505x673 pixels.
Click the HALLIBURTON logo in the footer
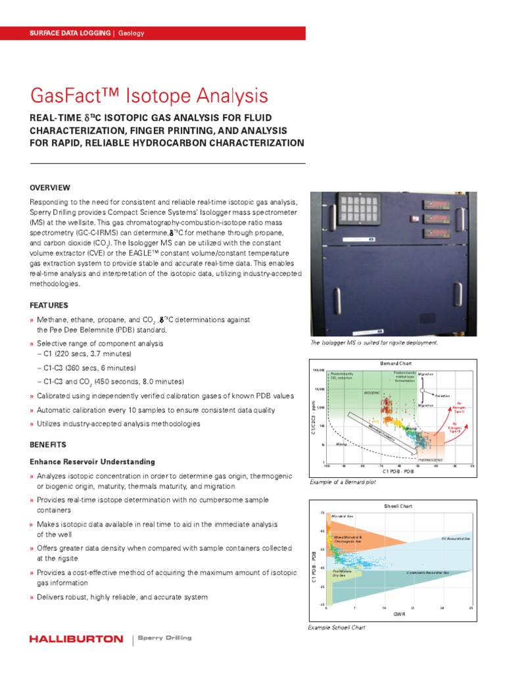76,639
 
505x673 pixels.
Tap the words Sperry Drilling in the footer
163,639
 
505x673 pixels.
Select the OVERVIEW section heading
50,187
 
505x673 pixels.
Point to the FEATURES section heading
49,306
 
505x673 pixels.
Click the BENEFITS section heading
48,444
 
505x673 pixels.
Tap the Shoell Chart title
397,506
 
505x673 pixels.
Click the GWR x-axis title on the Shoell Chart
398,614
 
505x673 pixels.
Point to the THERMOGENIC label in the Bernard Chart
431,460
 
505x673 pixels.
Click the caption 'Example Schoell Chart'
337,628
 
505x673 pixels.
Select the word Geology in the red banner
132,33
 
